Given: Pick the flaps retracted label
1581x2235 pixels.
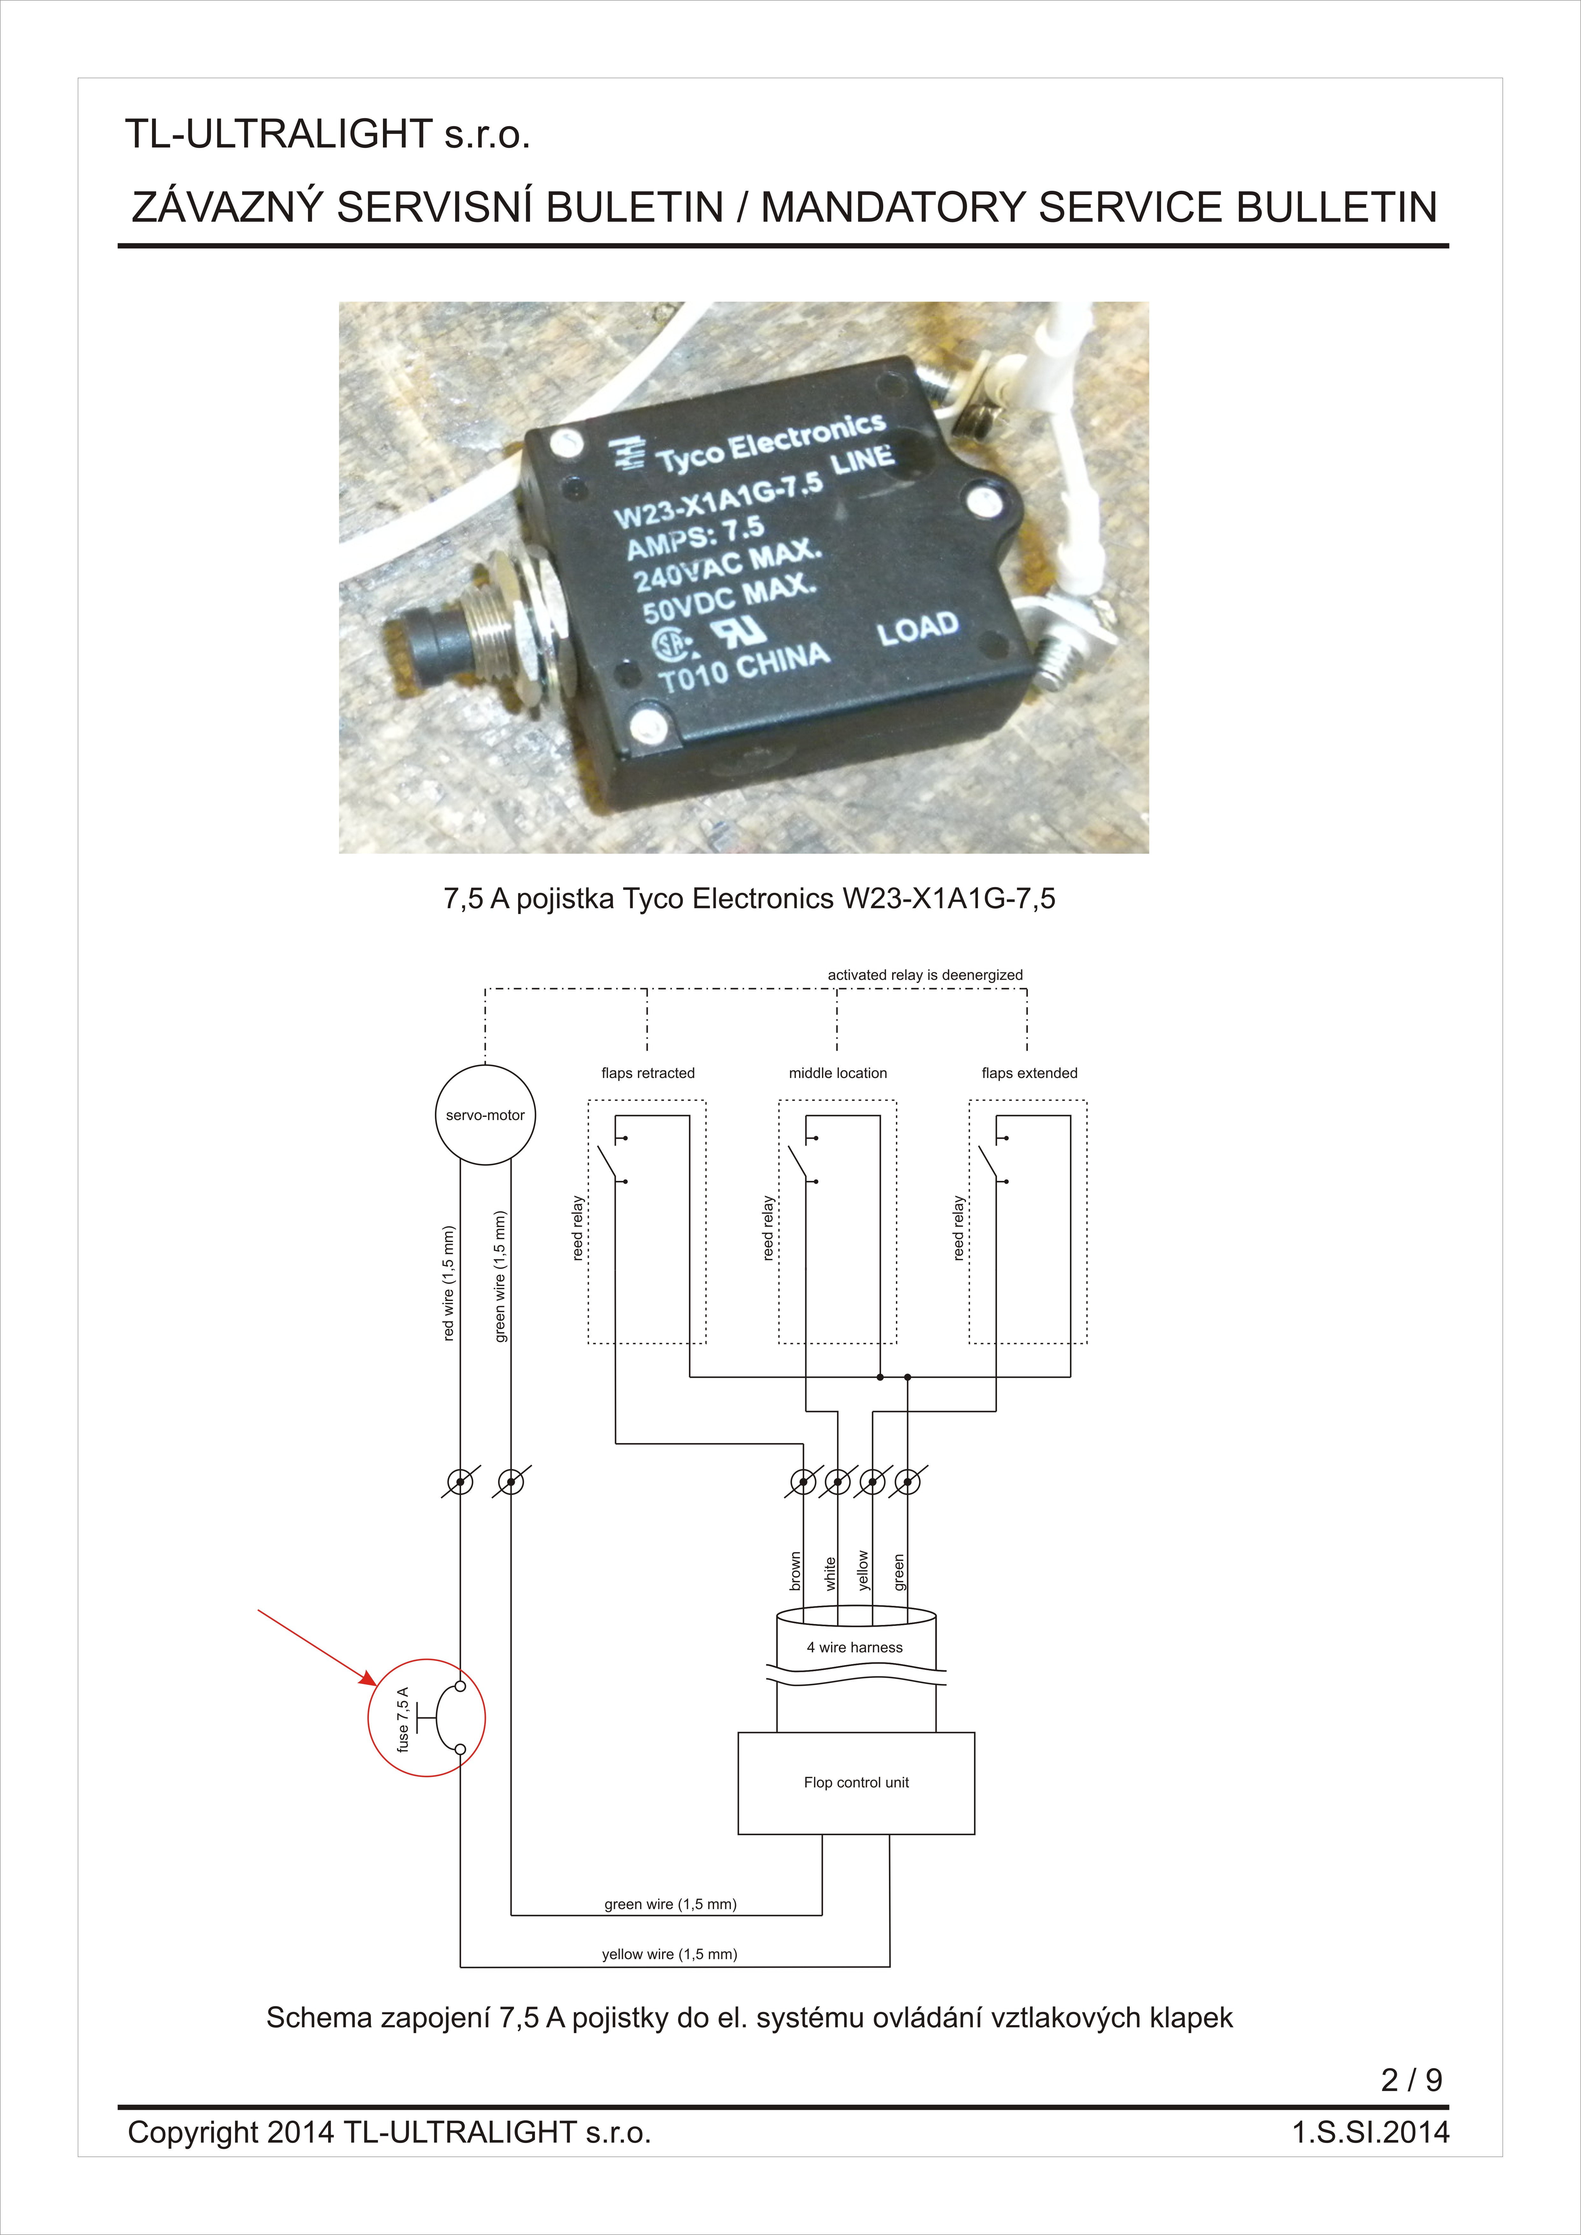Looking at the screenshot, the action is coord(648,1073).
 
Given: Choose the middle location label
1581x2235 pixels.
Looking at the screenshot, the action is coord(838,1073).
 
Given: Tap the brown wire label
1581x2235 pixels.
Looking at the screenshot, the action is coord(795,1571).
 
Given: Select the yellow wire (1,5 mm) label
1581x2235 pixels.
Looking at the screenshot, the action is coord(670,1954).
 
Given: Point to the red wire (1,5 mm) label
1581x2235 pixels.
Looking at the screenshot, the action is coord(449,1283).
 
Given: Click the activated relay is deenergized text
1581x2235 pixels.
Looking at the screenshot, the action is coord(925,974).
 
